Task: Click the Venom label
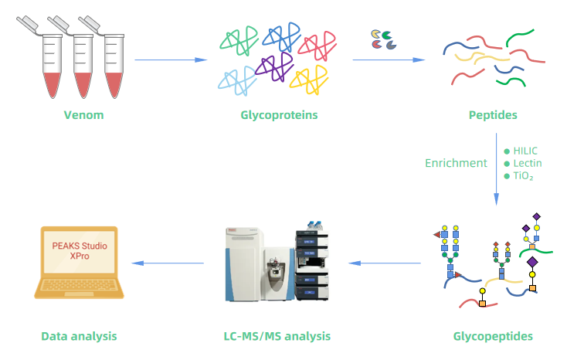click(x=83, y=116)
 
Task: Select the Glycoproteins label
click(x=279, y=116)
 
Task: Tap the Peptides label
click(x=493, y=116)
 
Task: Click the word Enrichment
click(x=456, y=163)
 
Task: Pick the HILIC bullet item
click(x=525, y=151)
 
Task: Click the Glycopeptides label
click(x=492, y=336)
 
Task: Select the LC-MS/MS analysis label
click(x=277, y=336)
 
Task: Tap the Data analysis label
click(x=79, y=336)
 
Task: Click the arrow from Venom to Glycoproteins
click(x=171, y=59)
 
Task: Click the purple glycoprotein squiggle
click(x=273, y=66)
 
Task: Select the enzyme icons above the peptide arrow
click(x=383, y=39)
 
